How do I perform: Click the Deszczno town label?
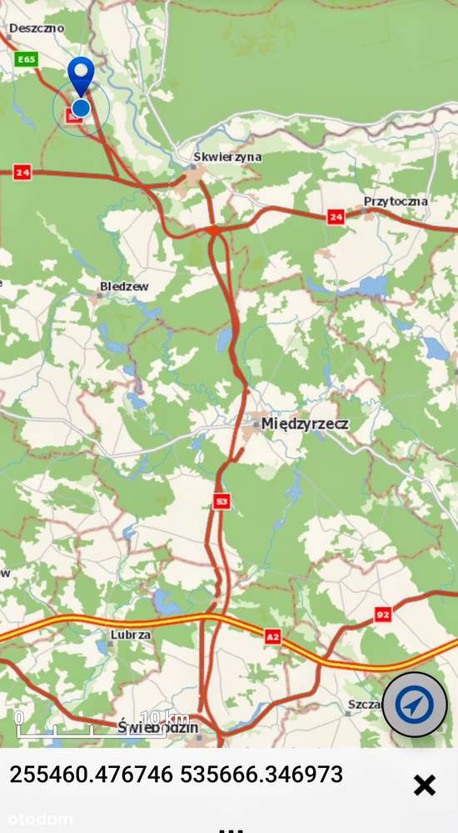click(x=37, y=28)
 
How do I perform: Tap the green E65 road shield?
click(x=27, y=59)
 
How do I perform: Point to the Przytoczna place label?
click(x=396, y=201)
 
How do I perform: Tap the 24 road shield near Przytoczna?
click(x=336, y=217)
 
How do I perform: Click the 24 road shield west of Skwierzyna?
click(x=22, y=173)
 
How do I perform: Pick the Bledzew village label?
click(x=124, y=287)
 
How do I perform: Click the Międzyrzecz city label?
click(x=305, y=424)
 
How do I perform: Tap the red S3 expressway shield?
click(x=221, y=501)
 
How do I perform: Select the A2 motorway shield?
click(x=272, y=637)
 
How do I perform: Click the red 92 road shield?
click(x=382, y=615)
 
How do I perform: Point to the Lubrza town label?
click(x=130, y=635)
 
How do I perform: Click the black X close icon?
click(x=425, y=785)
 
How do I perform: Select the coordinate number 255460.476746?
click(x=92, y=775)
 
